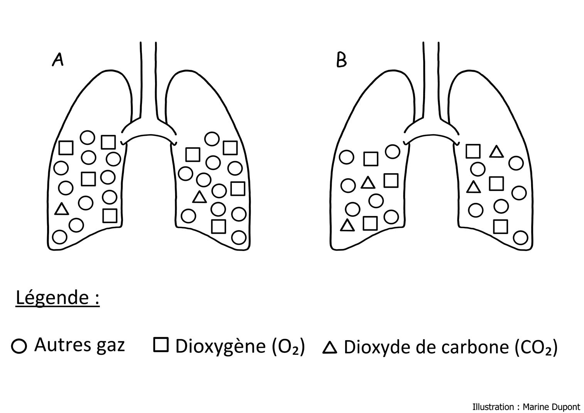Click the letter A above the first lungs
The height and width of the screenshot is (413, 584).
[57, 60]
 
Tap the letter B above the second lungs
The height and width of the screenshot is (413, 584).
[341, 60]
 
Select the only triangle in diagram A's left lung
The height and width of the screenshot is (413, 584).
[61, 209]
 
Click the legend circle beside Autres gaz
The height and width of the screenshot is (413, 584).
[19, 346]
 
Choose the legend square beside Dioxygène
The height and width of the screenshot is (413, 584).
[161, 345]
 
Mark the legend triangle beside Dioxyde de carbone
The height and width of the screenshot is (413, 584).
[329, 348]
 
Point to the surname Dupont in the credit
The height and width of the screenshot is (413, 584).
[565, 407]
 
